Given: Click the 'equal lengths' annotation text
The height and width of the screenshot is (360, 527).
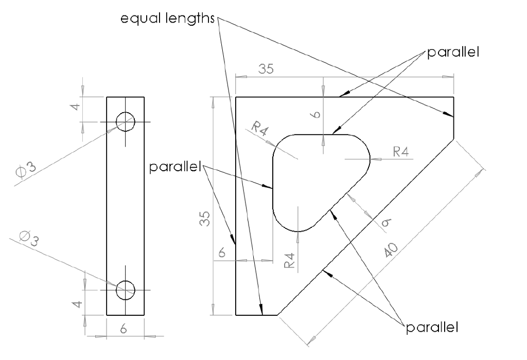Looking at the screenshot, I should (x=167, y=19).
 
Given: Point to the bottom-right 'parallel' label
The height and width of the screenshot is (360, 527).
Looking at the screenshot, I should (x=432, y=327).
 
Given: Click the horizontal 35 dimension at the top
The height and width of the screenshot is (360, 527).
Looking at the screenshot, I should (x=266, y=69).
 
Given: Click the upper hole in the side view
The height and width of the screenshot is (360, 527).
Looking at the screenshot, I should (x=125, y=122).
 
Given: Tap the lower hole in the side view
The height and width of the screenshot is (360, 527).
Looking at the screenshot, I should (x=125, y=290).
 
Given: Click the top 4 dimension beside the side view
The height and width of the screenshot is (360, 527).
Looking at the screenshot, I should (x=75, y=109).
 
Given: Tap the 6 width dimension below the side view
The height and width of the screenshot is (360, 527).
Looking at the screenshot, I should (x=124, y=329).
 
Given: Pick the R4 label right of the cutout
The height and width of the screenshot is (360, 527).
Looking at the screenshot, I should (x=401, y=151).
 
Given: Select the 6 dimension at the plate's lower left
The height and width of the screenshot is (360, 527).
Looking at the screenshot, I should (x=222, y=253).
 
